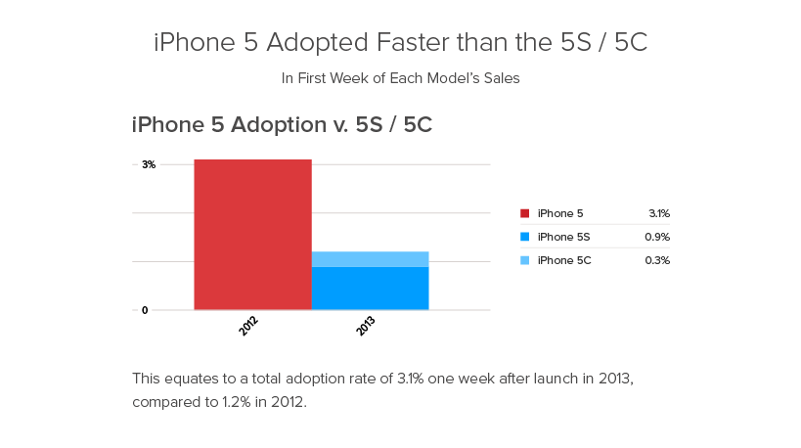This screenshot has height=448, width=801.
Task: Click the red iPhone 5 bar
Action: pyautogui.click(x=253, y=235)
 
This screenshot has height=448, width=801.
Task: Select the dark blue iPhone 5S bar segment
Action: pyautogui.click(x=371, y=289)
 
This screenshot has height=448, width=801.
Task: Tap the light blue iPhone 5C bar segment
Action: pyautogui.click(x=371, y=259)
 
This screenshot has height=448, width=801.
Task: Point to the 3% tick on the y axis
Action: pyautogui.click(x=149, y=164)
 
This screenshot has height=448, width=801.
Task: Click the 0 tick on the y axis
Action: pyautogui.click(x=145, y=310)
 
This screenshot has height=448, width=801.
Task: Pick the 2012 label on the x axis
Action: pyautogui.click(x=248, y=326)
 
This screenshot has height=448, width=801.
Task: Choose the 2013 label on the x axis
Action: pyautogui.click(x=365, y=326)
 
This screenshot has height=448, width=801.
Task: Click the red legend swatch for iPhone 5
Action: pyautogui.click(x=524, y=213)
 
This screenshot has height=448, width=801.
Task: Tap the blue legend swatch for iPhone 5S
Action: pyautogui.click(x=524, y=237)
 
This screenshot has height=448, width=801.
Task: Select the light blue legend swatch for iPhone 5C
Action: pyautogui.click(x=524, y=260)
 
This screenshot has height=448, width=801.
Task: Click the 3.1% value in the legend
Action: pyautogui.click(x=659, y=213)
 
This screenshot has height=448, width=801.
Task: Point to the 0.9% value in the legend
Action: pyautogui.click(x=657, y=237)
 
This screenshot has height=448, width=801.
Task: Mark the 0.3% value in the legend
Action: pyautogui.click(x=657, y=260)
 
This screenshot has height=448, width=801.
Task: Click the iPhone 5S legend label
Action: pyautogui.click(x=563, y=237)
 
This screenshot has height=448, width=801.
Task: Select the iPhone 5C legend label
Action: pyautogui.click(x=564, y=260)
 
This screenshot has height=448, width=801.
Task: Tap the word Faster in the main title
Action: pyautogui.click(x=413, y=42)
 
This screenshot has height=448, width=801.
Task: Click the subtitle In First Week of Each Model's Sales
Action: pyautogui.click(x=401, y=78)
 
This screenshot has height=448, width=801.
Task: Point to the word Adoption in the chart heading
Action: pyautogui.click(x=279, y=125)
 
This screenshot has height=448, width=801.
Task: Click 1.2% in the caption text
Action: pyautogui.click(x=236, y=402)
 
